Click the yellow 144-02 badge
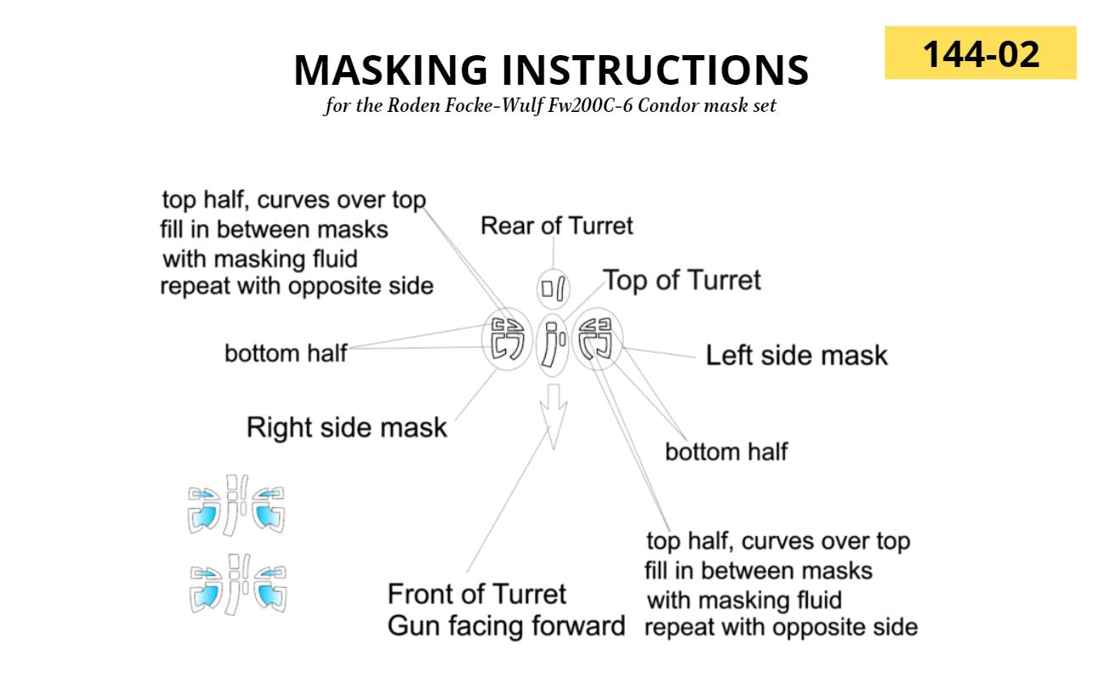click(980, 53)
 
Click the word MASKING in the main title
click(391, 70)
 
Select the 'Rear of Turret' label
click(556, 226)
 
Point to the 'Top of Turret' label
click(682, 280)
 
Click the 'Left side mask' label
click(796, 355)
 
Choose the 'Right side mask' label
click(346, 427)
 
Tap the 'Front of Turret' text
click(476, 594)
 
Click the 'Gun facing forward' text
click(506, 627)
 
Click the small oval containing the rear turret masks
click(554, 289)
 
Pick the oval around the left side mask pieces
click(598, 338)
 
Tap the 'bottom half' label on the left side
click(285, 353)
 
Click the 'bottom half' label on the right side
click(726, 451)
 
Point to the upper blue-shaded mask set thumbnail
click(237, 506)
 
